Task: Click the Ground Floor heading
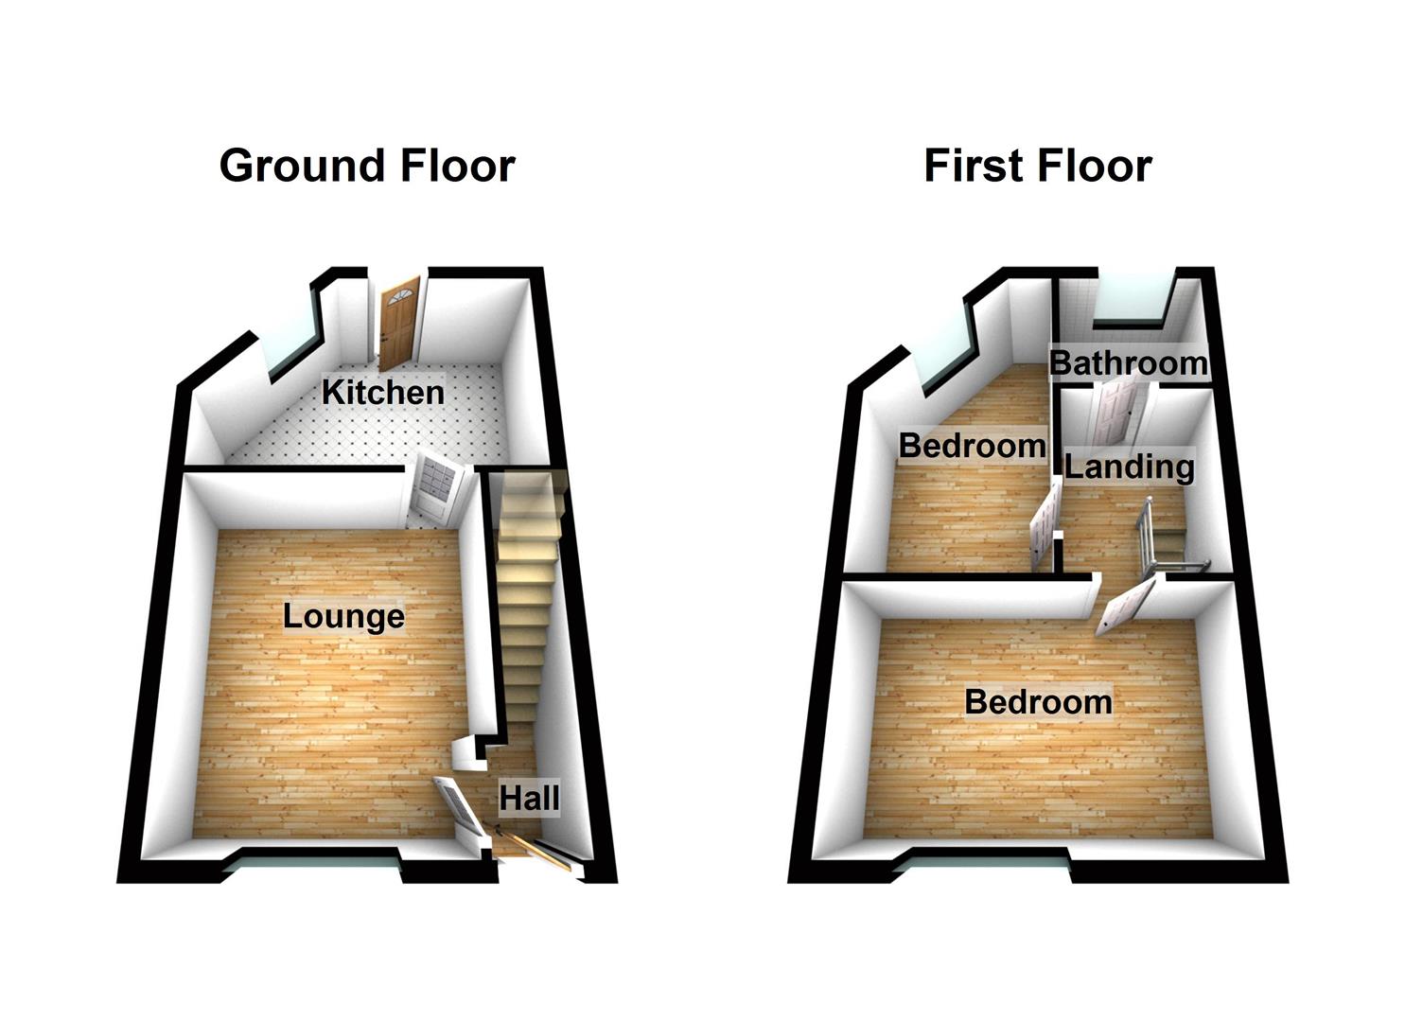(367, 166)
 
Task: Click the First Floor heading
(1037, 166)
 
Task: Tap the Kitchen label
(382, 391)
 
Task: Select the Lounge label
(343, 616)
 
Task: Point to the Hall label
(529, 798)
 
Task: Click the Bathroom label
(1128, 362)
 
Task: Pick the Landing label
(1129, 466)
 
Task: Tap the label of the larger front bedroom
(1038, 701)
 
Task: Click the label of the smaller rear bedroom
(972, 445)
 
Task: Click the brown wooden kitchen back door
(398, 321)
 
